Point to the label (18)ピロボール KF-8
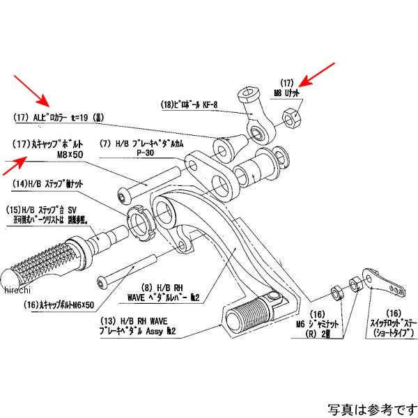tap(189, 106)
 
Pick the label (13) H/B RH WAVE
tap(131, 322)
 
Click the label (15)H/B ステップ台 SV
tap(49, 209)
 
